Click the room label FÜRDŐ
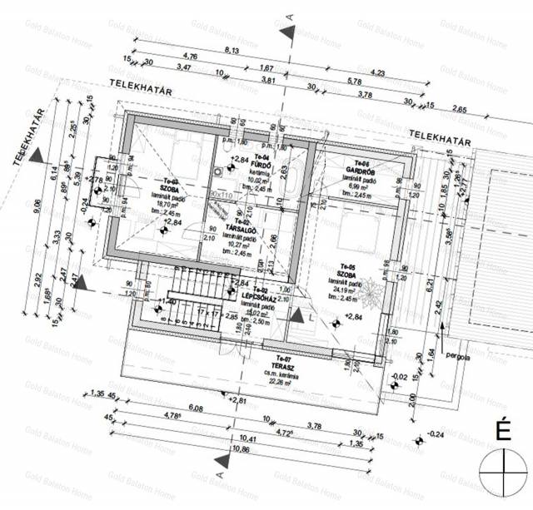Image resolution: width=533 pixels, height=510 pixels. [x=262, y=164]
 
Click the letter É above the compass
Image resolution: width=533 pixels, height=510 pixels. [x=503, y=431]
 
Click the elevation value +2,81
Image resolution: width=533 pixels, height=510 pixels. [x=239, y=401]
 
